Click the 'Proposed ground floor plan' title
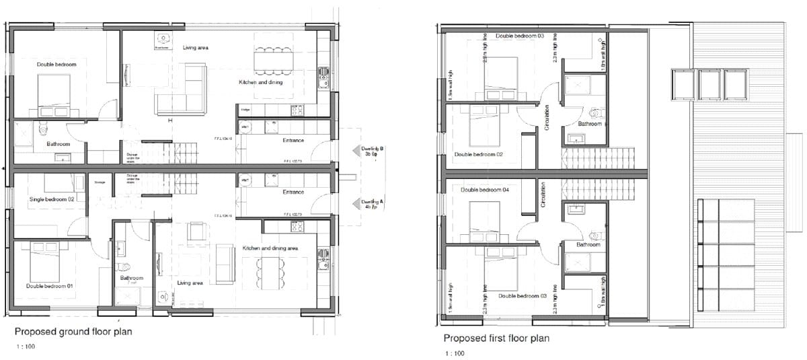[x=73, y=331]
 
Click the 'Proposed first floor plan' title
[x=496, y=338]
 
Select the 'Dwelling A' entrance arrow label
[x=372, y=204]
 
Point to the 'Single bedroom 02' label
[x=51, y=199]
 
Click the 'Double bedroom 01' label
[x=49, y=286]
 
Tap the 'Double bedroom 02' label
[x=479, y=154]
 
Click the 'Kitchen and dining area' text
[x=270, y=249]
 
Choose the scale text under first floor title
[x=454, y=353]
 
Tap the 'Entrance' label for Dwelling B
[x=293, y=141]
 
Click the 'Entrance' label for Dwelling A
[x=293, y=192]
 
